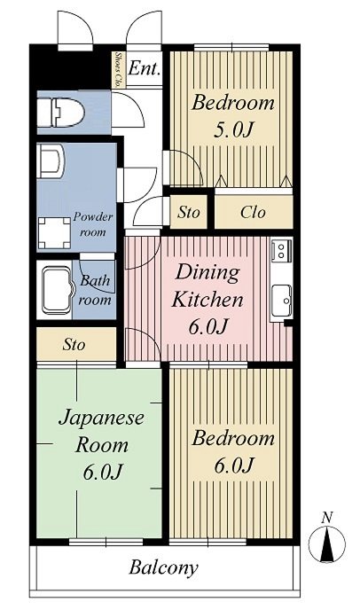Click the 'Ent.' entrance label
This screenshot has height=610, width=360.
tap(145, 69)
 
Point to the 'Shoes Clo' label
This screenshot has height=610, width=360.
tap(118, 70)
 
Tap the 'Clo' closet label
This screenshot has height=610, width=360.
tap(254, 213)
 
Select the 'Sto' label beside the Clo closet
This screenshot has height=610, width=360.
tap(188, 213)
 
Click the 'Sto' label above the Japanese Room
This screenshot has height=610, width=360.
tap(74, 344)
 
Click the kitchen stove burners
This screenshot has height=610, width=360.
tap(281, 251)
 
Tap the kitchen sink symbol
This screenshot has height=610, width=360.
tap(282, 301)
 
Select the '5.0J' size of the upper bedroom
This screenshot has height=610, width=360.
tap(233, 129)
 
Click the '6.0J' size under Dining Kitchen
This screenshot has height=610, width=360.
tap(207, 326)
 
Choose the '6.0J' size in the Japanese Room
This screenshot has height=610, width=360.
tap(102, 472)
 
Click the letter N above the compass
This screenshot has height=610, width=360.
tap(327, 518)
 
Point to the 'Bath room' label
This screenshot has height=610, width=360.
tap(96, 291)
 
